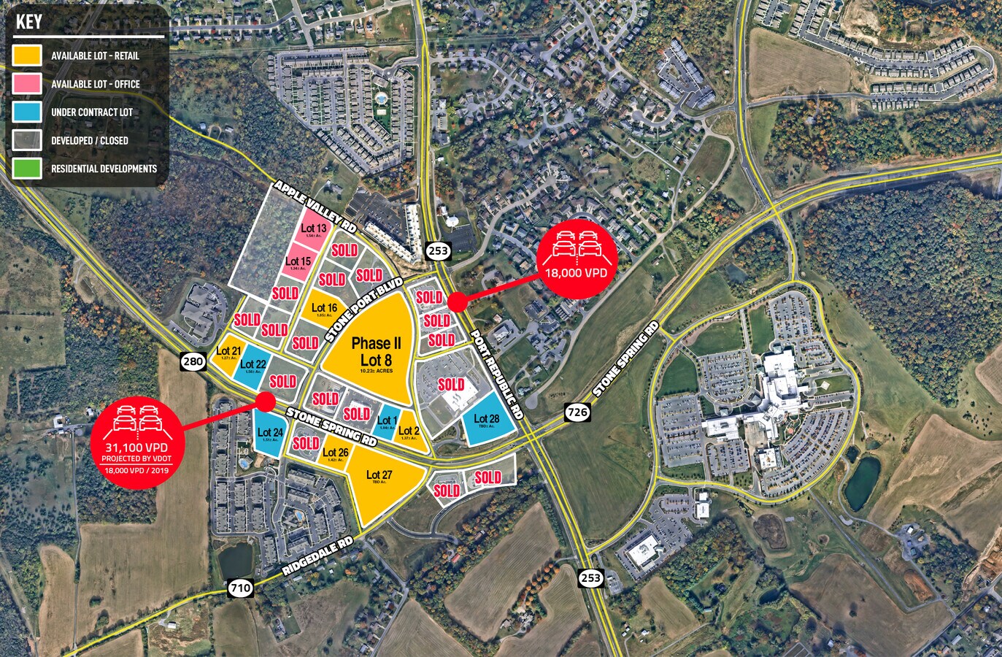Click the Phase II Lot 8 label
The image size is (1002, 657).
click(376, 351)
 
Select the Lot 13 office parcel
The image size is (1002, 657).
click(314, 229)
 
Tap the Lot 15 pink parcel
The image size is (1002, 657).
click(298, 262)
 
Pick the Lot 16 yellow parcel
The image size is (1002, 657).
click(324, 309)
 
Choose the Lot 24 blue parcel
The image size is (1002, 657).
click(269, 434)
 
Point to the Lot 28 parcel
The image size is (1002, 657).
click(486, 421)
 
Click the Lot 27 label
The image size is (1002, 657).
click(379, 475)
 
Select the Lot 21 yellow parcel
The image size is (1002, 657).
click(228, 352)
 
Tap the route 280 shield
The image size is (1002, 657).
click(193, 361)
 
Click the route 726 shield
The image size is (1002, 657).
click(577, 412)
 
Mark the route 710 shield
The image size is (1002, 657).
click(240, 587)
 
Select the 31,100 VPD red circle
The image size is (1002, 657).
click(136, 437)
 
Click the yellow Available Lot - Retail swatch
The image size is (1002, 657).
click(27, 55)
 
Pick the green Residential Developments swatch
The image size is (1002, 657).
click(27, 169)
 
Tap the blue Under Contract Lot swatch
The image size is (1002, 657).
click(27, 112)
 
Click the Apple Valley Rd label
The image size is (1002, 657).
click(315, 207)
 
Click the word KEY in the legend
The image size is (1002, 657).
click(29, 22)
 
